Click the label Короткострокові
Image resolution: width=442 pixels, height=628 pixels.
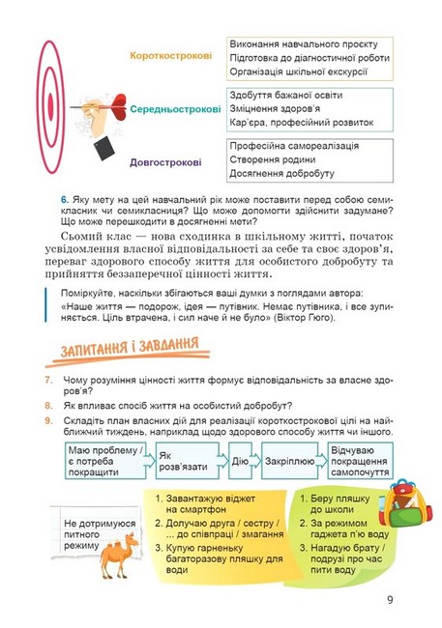tap(170, 56)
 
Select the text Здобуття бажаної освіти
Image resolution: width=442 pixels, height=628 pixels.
tap(286, 95)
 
